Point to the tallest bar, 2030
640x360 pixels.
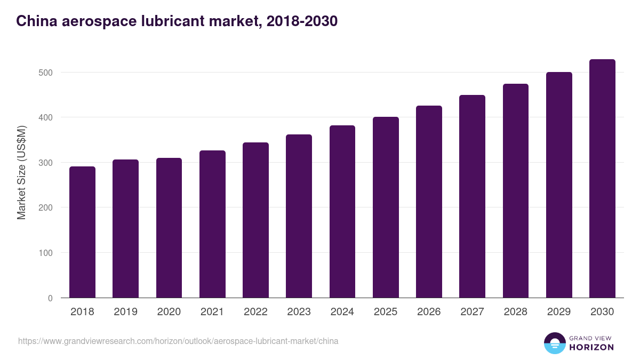602,179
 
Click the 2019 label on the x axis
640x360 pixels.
126,312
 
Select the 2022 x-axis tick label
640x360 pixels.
255,312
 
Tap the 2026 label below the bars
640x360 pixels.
429,312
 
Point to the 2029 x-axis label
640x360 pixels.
559,312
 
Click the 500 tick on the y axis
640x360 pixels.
46,73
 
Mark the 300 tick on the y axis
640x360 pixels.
46,163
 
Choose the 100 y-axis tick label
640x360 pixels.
46,253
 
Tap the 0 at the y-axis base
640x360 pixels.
50,298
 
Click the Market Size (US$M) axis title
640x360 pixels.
21,172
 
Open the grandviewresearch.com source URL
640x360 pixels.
178,341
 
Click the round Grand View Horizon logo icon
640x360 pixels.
555,343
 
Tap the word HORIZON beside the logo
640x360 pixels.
591,347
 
